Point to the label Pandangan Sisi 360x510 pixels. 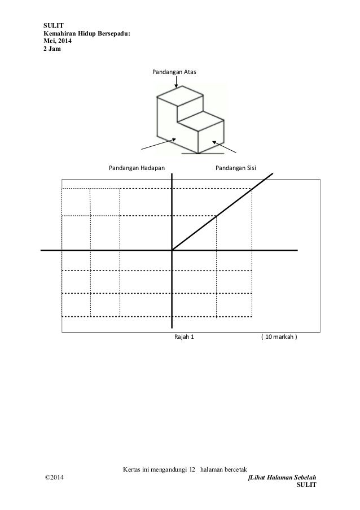tap(235, 168)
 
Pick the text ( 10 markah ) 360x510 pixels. tap(279, 338)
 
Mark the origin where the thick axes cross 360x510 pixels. tap(172, 250)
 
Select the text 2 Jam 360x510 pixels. tap(54, 48)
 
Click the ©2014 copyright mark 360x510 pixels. tap(55, 478)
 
